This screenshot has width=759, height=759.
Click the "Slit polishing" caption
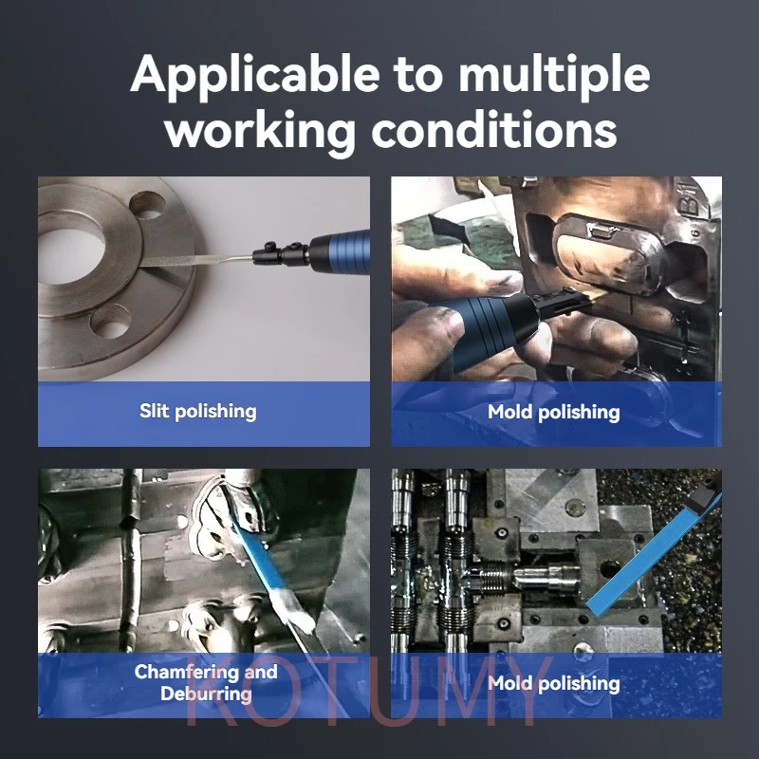click(198, 412)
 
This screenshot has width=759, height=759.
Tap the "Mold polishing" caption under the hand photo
click(554, 413)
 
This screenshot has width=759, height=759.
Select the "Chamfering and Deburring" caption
click(206, 682)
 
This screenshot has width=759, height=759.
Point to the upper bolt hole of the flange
click(147, 205)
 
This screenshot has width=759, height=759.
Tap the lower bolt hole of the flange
click(110, 321)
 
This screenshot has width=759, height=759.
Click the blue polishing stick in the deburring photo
click(264, 566)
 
